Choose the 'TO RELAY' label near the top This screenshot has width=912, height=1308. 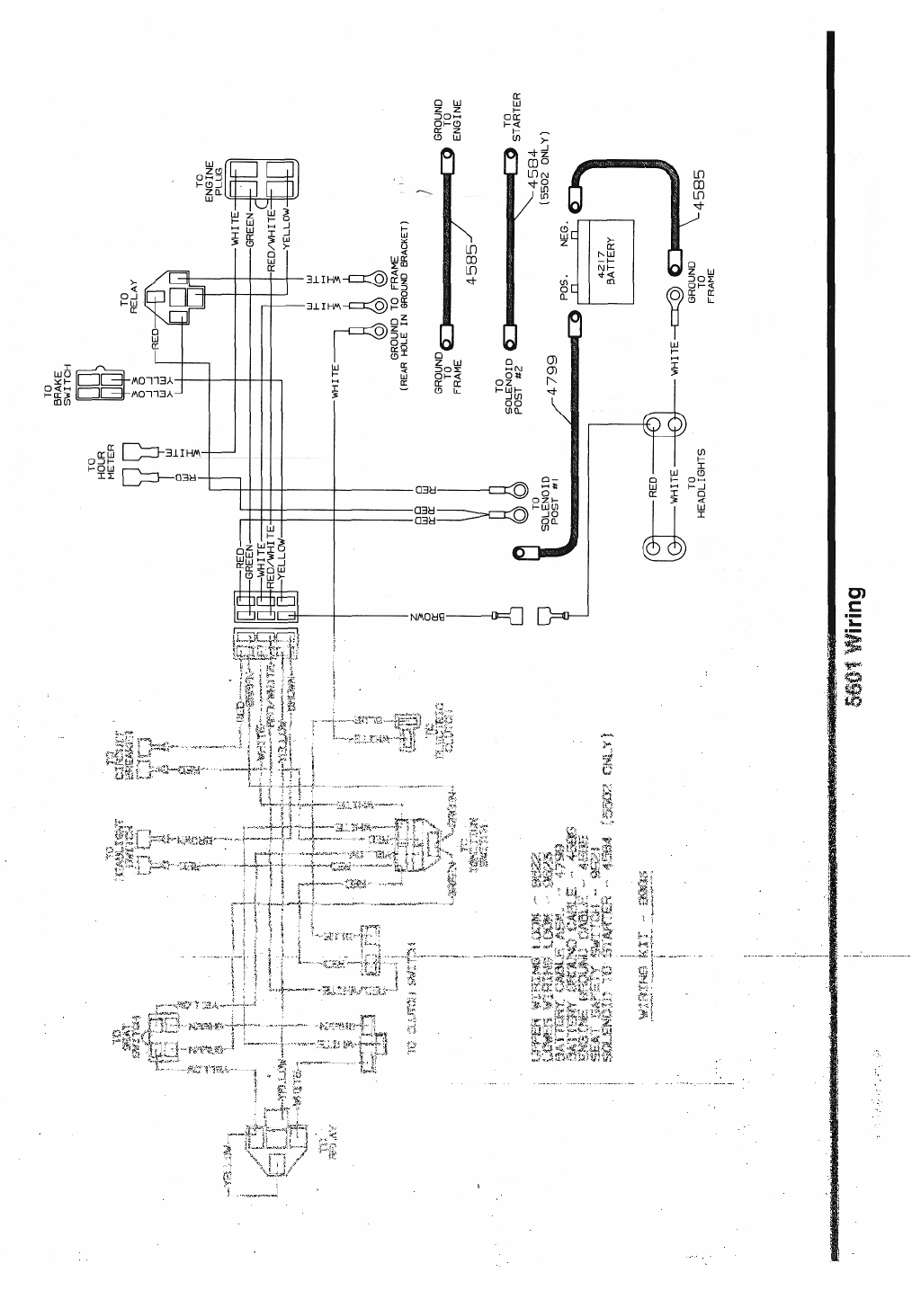click(132, 292)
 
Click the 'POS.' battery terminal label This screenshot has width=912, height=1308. click(565, 288)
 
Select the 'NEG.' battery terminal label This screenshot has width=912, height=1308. click(565, 232)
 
